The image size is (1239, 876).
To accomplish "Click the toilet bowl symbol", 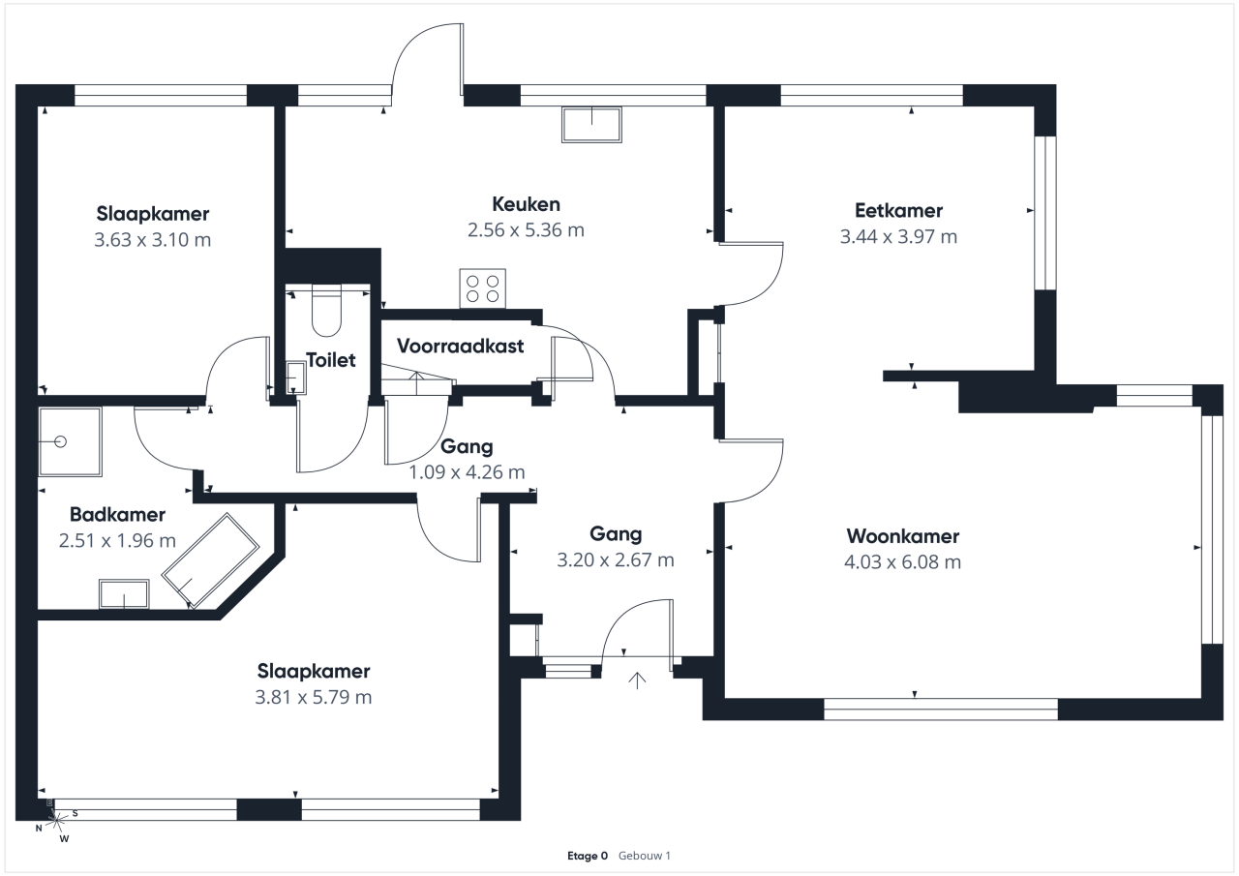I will (x=327, y=312).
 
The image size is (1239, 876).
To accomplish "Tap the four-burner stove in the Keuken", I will (x=482, y=288).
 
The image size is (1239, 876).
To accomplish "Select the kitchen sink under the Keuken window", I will (x=591, y=125).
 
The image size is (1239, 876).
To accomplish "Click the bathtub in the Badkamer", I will (x=211, y=560).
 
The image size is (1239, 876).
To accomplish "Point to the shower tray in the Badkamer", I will (x=70, y=441).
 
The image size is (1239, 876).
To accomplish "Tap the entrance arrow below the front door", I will (x=637, y=680).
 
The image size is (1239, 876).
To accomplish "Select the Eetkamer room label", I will (x=898, y=210).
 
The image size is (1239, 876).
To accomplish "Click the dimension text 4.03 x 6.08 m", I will (x=902, y=561).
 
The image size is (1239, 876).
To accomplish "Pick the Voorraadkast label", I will (x=460, y=346).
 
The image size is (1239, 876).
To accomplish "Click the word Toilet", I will (x=331, y=360).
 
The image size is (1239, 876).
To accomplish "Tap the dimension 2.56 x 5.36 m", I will (x=526, y=230).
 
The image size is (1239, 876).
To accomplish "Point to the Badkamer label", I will (x=117, y=515).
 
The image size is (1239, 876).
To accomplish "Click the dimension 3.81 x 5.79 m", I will (x=314, y=697).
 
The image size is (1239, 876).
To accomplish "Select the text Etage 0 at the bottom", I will (x=588, y=856).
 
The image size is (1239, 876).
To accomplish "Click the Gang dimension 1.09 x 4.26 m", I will (x=468, y=472).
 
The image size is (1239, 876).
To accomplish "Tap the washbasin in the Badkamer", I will (x=124, y=594).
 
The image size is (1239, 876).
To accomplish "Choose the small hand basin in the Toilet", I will (x=294, y=378).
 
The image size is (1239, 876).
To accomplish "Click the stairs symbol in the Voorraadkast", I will (x=416, y=380).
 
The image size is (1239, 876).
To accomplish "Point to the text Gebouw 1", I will (x=645, y=856).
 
